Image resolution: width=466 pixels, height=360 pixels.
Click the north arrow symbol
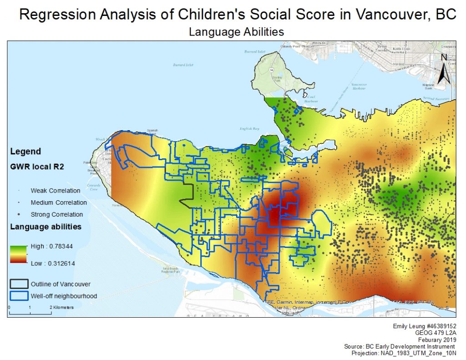[445, 69]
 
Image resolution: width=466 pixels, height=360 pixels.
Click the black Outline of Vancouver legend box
[19, 284]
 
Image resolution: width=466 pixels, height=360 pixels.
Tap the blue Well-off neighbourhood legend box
[19, 296]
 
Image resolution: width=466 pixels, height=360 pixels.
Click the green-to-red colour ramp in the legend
[18, 254]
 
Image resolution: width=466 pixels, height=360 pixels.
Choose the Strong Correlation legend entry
[56, 214]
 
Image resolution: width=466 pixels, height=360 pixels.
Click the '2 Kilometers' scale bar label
[62, 308]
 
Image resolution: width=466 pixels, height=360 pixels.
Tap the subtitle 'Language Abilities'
[236, 32]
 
